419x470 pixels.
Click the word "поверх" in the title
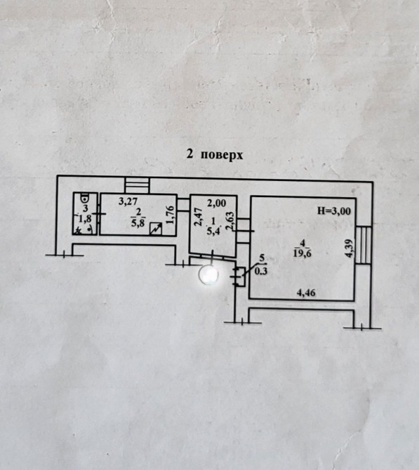[222, 155]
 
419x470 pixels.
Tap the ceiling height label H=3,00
[334, 211]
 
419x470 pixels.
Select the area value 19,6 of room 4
[302, 253]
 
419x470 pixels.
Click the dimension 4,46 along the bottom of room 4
[306, 293]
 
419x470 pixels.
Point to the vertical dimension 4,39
[349, 248]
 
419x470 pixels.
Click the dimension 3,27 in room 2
[128, 201]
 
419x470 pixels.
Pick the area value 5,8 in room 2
[138, 222]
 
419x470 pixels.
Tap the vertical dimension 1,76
[170, 215]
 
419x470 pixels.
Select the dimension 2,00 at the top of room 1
[217, 203]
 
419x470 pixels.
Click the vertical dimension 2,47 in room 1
[198, 217]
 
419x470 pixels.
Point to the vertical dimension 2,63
[230, 221]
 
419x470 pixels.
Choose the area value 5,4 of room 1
[213, 231]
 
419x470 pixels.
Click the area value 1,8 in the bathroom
[85, 219]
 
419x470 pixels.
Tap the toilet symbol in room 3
[85, 198]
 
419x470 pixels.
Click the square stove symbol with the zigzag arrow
[156, 229]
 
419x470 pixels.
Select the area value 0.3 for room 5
[260, 271]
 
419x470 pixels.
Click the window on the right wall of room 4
[364, 245]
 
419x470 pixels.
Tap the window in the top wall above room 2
[137, 185]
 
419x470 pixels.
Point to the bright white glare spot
[208, 274]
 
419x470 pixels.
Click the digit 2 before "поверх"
[189, 154]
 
